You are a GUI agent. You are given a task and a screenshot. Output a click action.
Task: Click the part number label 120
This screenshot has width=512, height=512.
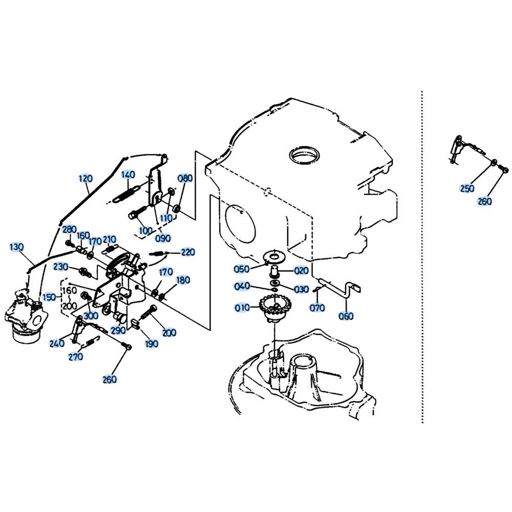coord(86,179)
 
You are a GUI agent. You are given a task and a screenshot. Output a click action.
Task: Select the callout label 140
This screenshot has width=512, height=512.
coord(128,175)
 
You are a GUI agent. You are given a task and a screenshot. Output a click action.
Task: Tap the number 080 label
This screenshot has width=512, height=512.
coord(185,178)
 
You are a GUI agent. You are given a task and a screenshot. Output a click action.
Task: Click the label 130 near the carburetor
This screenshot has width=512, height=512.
coord(17,248)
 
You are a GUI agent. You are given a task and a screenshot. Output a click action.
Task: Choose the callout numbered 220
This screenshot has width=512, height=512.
coord(188,252)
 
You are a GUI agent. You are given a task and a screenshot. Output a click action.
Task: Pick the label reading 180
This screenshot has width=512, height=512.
coord(183,280)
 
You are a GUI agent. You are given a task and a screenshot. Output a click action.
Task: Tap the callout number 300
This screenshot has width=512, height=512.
coord(91,315)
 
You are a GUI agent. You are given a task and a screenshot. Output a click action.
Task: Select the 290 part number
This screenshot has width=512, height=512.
coord(118,331)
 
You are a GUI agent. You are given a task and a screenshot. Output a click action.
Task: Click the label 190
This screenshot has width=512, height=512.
coord(152,344)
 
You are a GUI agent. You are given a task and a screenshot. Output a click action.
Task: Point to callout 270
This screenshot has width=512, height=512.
coord(76,357)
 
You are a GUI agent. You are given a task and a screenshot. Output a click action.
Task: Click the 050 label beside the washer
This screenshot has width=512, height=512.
coord(241,269)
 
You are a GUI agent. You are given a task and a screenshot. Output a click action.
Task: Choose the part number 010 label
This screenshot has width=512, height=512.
coord(243,308)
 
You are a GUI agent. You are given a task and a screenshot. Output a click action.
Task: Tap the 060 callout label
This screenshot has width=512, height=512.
coord(346,316)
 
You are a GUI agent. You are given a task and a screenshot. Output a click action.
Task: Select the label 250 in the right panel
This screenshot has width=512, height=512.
coord(467,188)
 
